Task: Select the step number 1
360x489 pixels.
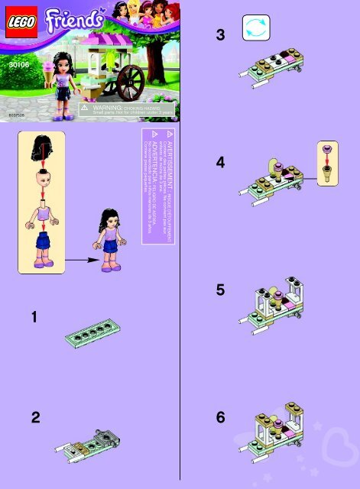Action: (35, 316)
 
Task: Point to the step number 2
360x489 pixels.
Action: (35, 417)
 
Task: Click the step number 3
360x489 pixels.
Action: (221, 34)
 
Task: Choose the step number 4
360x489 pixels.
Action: (221, 163)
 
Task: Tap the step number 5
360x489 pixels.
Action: (221, 290)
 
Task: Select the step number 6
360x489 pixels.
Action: (221, 417)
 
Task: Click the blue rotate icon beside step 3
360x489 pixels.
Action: (255, 28)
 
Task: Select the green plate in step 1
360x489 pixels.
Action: (95, 332)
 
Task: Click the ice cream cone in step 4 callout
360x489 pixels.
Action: (329, 175)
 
